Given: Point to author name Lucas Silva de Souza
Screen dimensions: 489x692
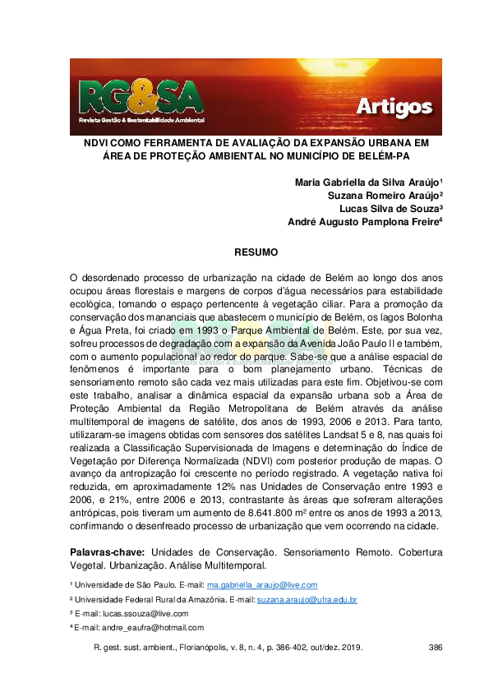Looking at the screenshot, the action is coord(390,208).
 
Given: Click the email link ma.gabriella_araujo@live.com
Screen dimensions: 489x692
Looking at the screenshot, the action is coord(262,585).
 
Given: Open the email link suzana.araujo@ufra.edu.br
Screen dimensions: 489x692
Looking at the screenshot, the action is coord(307,599).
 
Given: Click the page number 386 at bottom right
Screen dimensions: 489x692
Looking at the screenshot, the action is coord(436,648).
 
